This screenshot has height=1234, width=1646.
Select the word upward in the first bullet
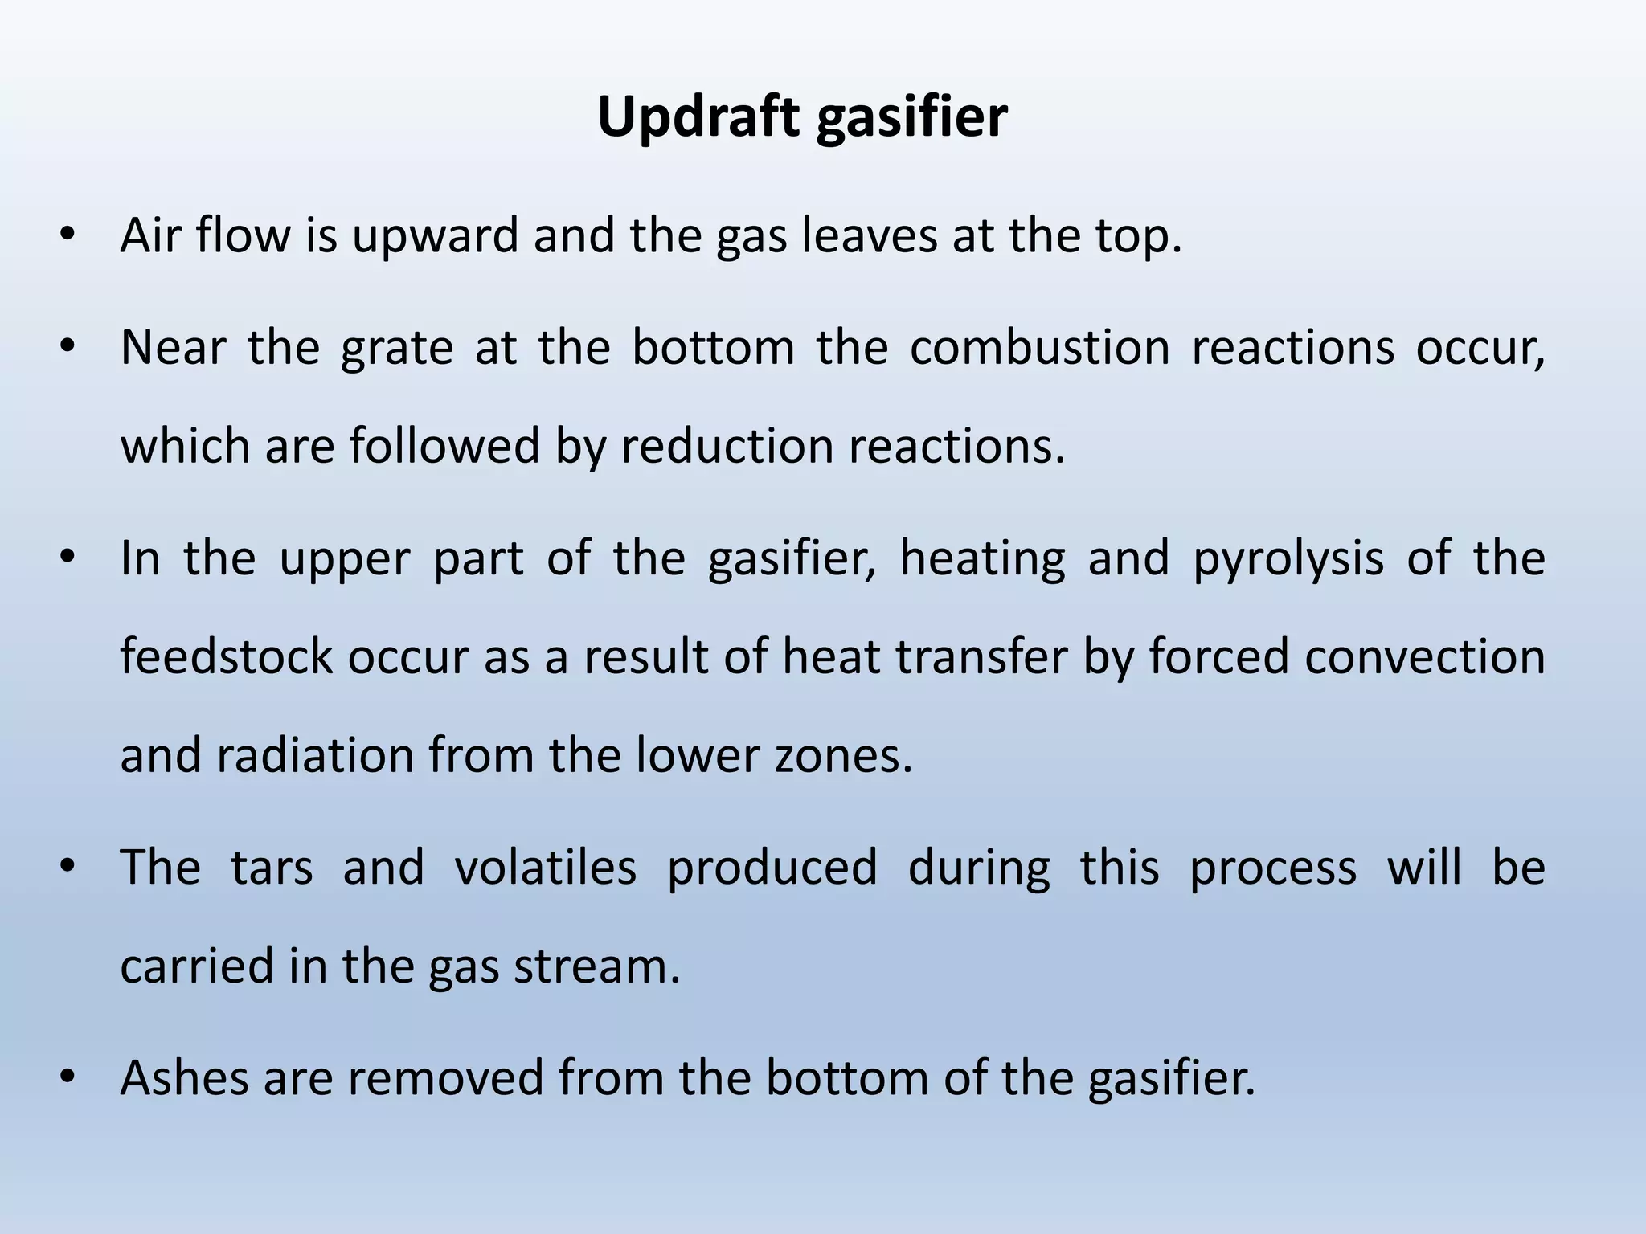(435, 236)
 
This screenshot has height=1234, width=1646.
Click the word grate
(397, 349)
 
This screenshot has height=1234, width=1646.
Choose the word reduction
(727, 446)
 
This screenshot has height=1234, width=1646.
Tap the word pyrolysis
(1288, 560)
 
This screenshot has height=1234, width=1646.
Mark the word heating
(982, 560)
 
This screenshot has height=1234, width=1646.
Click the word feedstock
(227, 656)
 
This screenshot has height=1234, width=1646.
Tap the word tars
(272, 868)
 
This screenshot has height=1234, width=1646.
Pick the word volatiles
(545, 868)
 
